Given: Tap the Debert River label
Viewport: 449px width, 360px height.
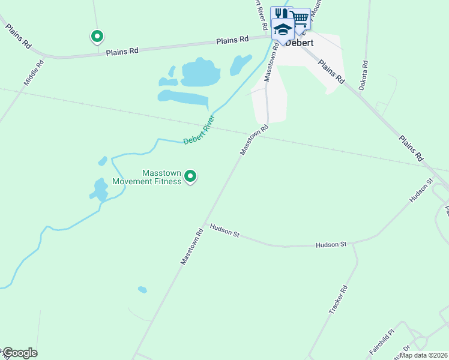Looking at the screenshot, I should (x=199, y=130).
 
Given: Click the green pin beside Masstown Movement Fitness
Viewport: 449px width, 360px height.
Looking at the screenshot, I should (x=190, y=176).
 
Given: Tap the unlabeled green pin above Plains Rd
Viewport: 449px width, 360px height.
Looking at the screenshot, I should (x=97, y=37).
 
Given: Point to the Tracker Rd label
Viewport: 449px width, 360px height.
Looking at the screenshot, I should (x=338, y=300).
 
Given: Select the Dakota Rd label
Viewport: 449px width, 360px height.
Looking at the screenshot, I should (x=363, y=75).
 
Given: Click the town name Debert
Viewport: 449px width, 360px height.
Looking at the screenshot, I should (x=300, y=43).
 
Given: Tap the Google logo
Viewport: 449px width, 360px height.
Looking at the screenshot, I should (x=20, y=353).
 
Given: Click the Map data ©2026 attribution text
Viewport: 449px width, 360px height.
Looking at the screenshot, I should (x=423, y=355).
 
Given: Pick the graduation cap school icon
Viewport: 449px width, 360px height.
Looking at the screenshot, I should (x=283, y=28).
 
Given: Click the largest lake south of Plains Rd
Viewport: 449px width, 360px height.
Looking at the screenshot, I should (x=199, y=73).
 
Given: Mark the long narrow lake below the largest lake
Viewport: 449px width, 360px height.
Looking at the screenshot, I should (x=182, y=97).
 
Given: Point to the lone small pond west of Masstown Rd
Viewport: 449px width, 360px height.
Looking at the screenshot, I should (x=142, y=290).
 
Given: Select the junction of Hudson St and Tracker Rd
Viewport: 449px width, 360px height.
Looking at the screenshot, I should (x=353, y=244).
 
